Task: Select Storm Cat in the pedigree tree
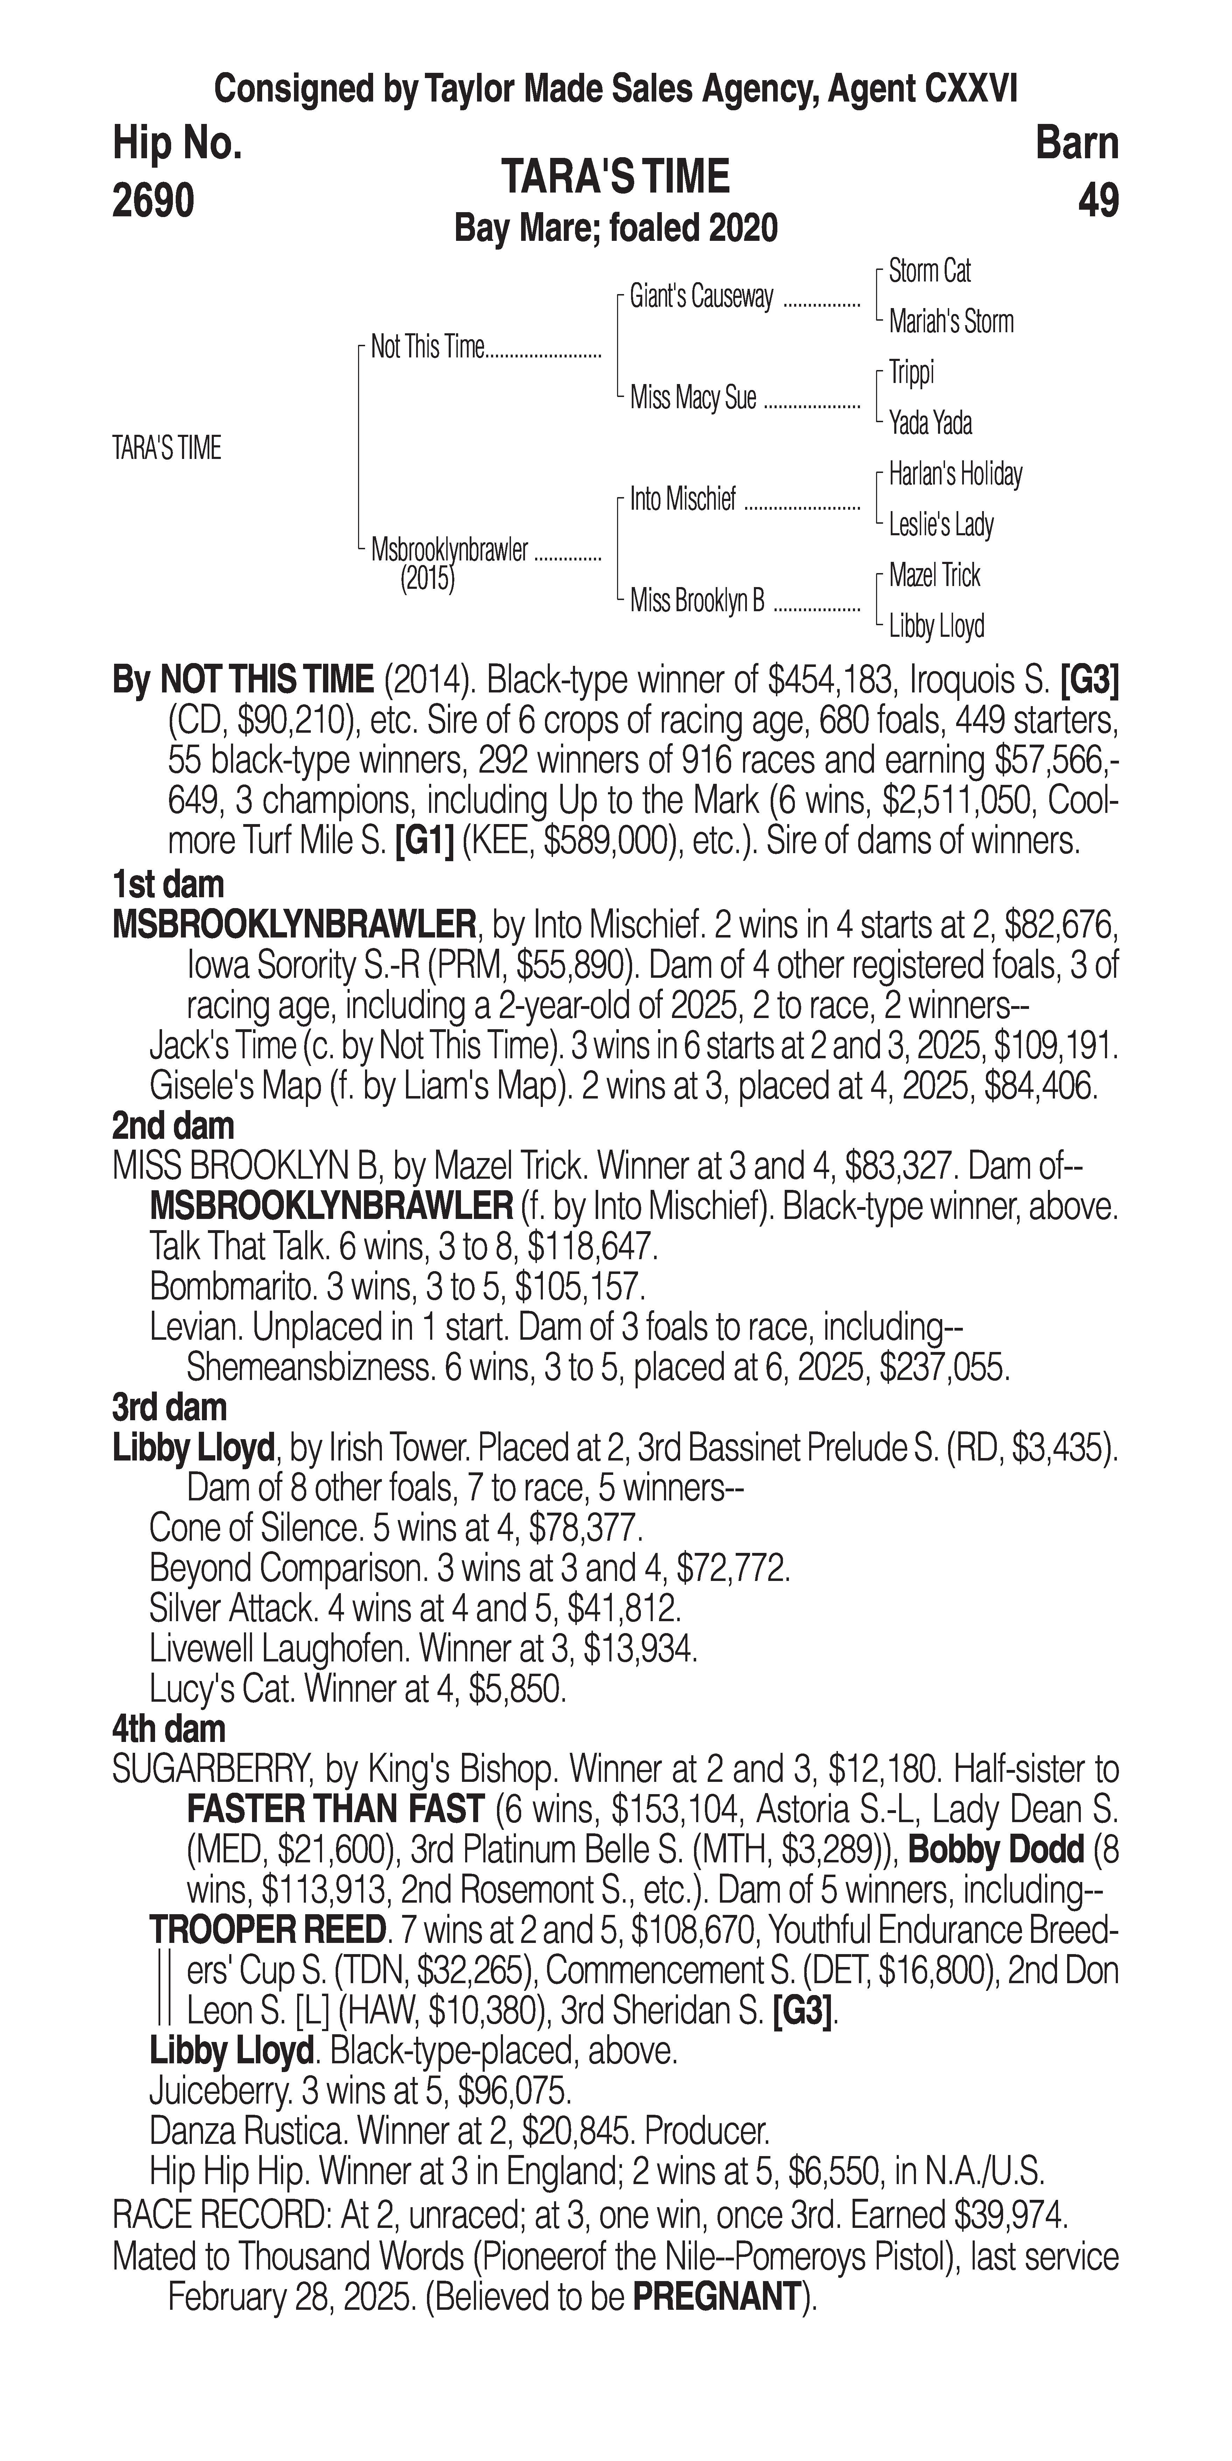point(929,271)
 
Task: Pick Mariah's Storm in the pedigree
point(950,322)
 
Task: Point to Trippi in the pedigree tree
point(911,372)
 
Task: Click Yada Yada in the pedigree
point(930,422)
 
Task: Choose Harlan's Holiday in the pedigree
point(955,474)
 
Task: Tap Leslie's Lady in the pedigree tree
point(941,524)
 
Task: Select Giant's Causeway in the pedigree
point(701,297)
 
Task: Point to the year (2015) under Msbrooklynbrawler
point(427,579)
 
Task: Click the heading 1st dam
point(168,885)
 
